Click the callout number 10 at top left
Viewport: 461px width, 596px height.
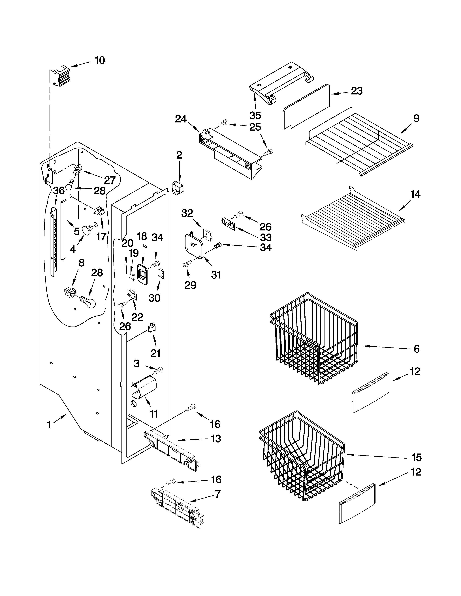pos(100,60)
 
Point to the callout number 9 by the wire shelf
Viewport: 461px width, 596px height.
pos(416,118)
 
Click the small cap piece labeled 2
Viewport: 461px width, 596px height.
pos(177,188)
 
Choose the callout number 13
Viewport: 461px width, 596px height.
pos(216,439)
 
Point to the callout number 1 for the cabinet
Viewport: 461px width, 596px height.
pos(49,425)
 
